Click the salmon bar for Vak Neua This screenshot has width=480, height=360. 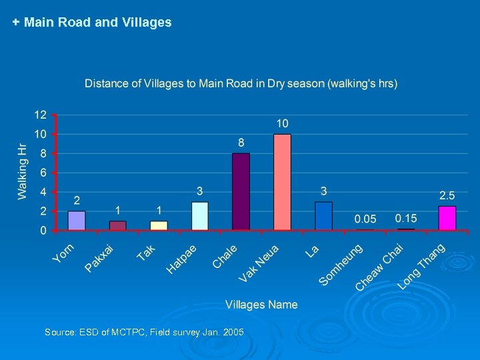(x=283, y=183)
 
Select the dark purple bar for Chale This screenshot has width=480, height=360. (x=241, y=192)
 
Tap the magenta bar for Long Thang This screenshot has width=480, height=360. (x=447, y=219)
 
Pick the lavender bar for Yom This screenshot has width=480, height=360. (x=77, y=221)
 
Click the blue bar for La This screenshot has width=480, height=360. (x=323, y=216)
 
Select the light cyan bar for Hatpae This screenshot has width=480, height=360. (x=200, y=216)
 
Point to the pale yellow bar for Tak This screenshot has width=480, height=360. (x=159, y=225)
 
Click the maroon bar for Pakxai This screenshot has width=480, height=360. (x=118, y=225)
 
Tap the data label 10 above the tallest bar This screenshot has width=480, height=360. (x=283, y=123)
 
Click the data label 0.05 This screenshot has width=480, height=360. (x=365, y=219)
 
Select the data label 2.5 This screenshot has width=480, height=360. (x=447, y=195)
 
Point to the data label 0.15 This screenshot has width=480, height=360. (x=406, y=218)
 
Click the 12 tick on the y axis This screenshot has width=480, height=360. (x=41, y=115)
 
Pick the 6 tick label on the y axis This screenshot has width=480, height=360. (x=43, y=173)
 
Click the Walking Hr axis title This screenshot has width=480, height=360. (x=22, y=171)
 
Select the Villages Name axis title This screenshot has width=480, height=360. (x=261, y=305)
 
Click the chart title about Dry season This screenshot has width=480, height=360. (x=241, y=83)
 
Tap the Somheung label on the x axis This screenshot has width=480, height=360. (x=341, y=265)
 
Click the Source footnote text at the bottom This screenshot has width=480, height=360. (x=144, y=332)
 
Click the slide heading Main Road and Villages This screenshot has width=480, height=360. (x=92, y=22)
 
